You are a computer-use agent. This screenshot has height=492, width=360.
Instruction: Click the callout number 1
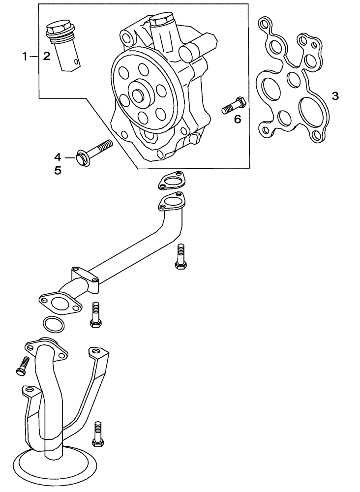pyautogui.click(x=26, y=57)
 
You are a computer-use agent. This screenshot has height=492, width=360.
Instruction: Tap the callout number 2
pyautogui.click(x=46, y=57)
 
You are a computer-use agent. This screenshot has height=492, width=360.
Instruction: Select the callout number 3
pyautogui.click(x=335, y=96)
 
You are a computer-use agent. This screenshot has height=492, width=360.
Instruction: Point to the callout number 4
pyautogui.click(x=58, y=157)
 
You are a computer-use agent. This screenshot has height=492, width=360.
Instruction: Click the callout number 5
pyautogui.click(x=58, y=171)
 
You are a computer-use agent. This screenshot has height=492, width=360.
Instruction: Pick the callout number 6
pyautogui.click(x=238, y=119)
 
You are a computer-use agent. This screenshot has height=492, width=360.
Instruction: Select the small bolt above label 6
pyautogui.click(x=234, y=106)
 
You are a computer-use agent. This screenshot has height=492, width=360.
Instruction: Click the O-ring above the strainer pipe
pyautogui.click(x=53, y=324)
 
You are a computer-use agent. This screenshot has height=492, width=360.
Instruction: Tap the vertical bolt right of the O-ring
pyautogui.click(x=95, y=315)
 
